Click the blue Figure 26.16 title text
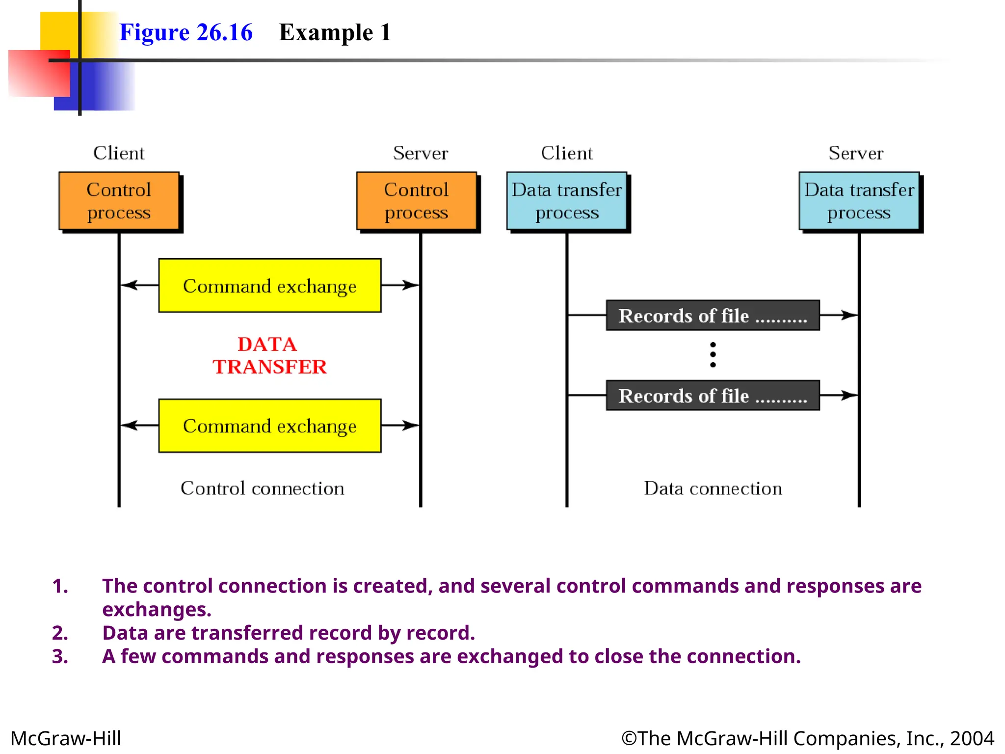pos(185,32)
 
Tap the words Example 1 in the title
pos(335,32)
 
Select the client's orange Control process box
pos(119,201)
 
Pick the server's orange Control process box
pos(416,201)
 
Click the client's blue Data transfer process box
pos(567,201)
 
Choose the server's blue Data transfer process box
pos(859,201)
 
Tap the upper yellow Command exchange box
pos(269,286)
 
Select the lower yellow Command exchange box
pos(269,426)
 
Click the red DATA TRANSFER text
pos(269,355)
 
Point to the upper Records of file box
pos(713,315)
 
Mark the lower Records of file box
pos(713,395)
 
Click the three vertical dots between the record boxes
pos(713,354)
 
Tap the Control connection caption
pos(263,488)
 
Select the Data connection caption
pos(713,488)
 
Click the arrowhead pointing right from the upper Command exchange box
pos(411,285)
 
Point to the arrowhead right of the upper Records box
pos(849,315)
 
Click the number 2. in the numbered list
pos(60,633)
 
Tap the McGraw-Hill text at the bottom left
pos(66,738)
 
